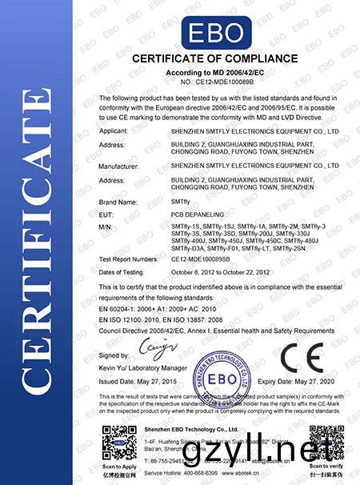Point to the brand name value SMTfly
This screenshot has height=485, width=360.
click(x=184, y=203)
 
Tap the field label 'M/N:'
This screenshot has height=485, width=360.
click(x=106, y=229)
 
